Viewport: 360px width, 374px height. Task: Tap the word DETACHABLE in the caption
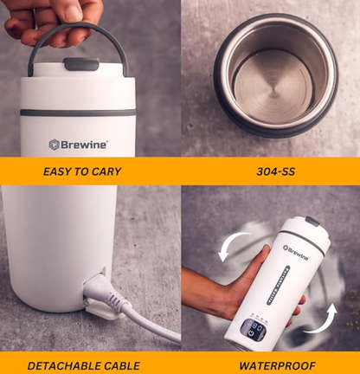pyautogui.click(x=58, y=365)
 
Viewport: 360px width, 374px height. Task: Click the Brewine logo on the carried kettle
pyautogui.click(x=79, y=145)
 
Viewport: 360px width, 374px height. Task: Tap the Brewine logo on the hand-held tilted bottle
pyautogui.click(x=295, y=254)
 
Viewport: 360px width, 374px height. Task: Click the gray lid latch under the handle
pyautogui.click(x=79, y=64)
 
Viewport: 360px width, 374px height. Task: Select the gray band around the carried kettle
pyautogui.click(x=79, y=113)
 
